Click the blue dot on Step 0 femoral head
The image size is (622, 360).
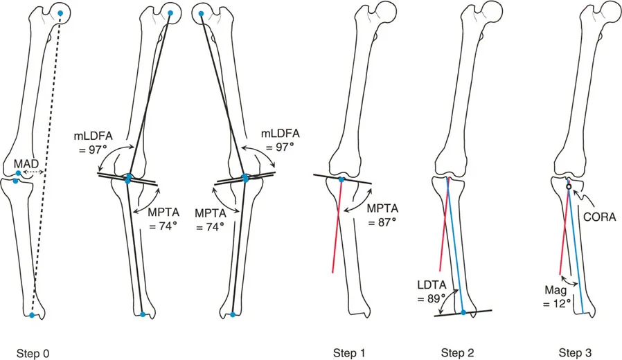click(x=61, y=13)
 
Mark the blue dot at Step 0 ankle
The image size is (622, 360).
click(x=32, y=315)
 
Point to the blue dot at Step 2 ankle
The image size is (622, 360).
click(x=463, y=313)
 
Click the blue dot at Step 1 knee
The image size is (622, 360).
click(x=341, y=180)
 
